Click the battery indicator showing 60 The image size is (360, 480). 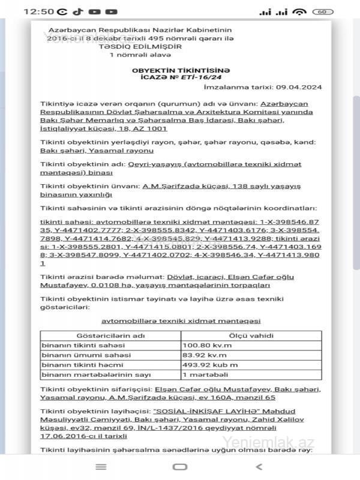[322, 11]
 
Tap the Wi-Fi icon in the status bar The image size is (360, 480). [300, 11]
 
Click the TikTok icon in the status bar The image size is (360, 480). [78, 11]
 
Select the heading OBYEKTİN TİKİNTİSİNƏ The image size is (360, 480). [180, 70]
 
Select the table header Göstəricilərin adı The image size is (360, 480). [111, 336]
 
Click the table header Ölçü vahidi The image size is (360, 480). [251, 336]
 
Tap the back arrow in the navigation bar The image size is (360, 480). [259, 467]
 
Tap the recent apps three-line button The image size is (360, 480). [101, 467]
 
